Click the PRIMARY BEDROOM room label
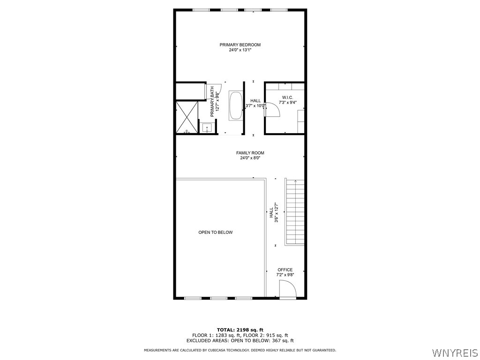point(240,45)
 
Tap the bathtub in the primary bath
point(235,105)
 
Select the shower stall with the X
point(187,117)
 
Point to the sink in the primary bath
point(207,127)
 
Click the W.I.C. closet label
point(287,97)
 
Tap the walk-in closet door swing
point(272,110)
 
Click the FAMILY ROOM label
point(250,153)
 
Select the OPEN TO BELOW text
point(215,232)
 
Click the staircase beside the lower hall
point(295,212)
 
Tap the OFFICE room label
point(285,270)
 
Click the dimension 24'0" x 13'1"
point(240,50)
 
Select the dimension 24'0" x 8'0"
point(250,158)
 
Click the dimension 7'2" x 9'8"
point(285,275)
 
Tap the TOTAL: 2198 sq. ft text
point(240,330)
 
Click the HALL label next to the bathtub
point(255,101)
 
